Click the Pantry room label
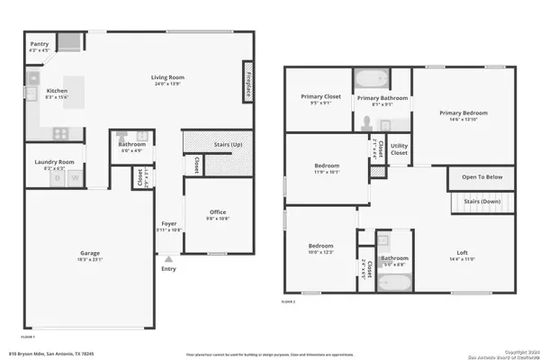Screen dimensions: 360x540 [39, 44]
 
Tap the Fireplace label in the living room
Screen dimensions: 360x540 [247, 85]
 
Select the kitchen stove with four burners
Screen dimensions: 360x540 [61, 132]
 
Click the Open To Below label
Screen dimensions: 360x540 [481, 177]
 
